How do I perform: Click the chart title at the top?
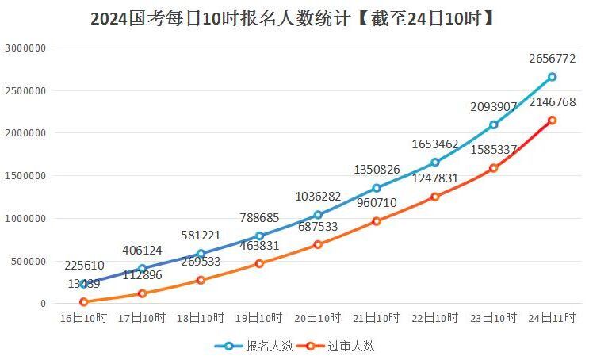tap(293, 18)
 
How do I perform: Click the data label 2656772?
tap(552, 59)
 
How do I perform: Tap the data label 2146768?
tap(552, 102)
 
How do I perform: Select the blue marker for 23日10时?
tap(493, 124)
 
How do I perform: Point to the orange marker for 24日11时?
tap(552, 121)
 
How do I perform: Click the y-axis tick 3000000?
tap(25, 48)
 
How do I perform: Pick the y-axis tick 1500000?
tap(25, 176)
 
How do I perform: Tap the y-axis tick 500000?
tap(29, 261)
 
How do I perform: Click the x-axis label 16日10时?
tap(83, 317)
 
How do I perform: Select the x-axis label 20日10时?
tap(318, 317)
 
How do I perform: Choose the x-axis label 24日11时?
tap(552, 317)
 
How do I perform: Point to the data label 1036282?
tap(318, 196)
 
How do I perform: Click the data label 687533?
tap(318, 227)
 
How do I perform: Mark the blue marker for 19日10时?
tap(259, 236)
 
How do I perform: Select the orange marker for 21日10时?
tap(377, 221)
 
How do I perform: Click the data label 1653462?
tap(434, 144)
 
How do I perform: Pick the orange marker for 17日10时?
tap(142, 293)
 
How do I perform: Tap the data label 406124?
tap(142, 251)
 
